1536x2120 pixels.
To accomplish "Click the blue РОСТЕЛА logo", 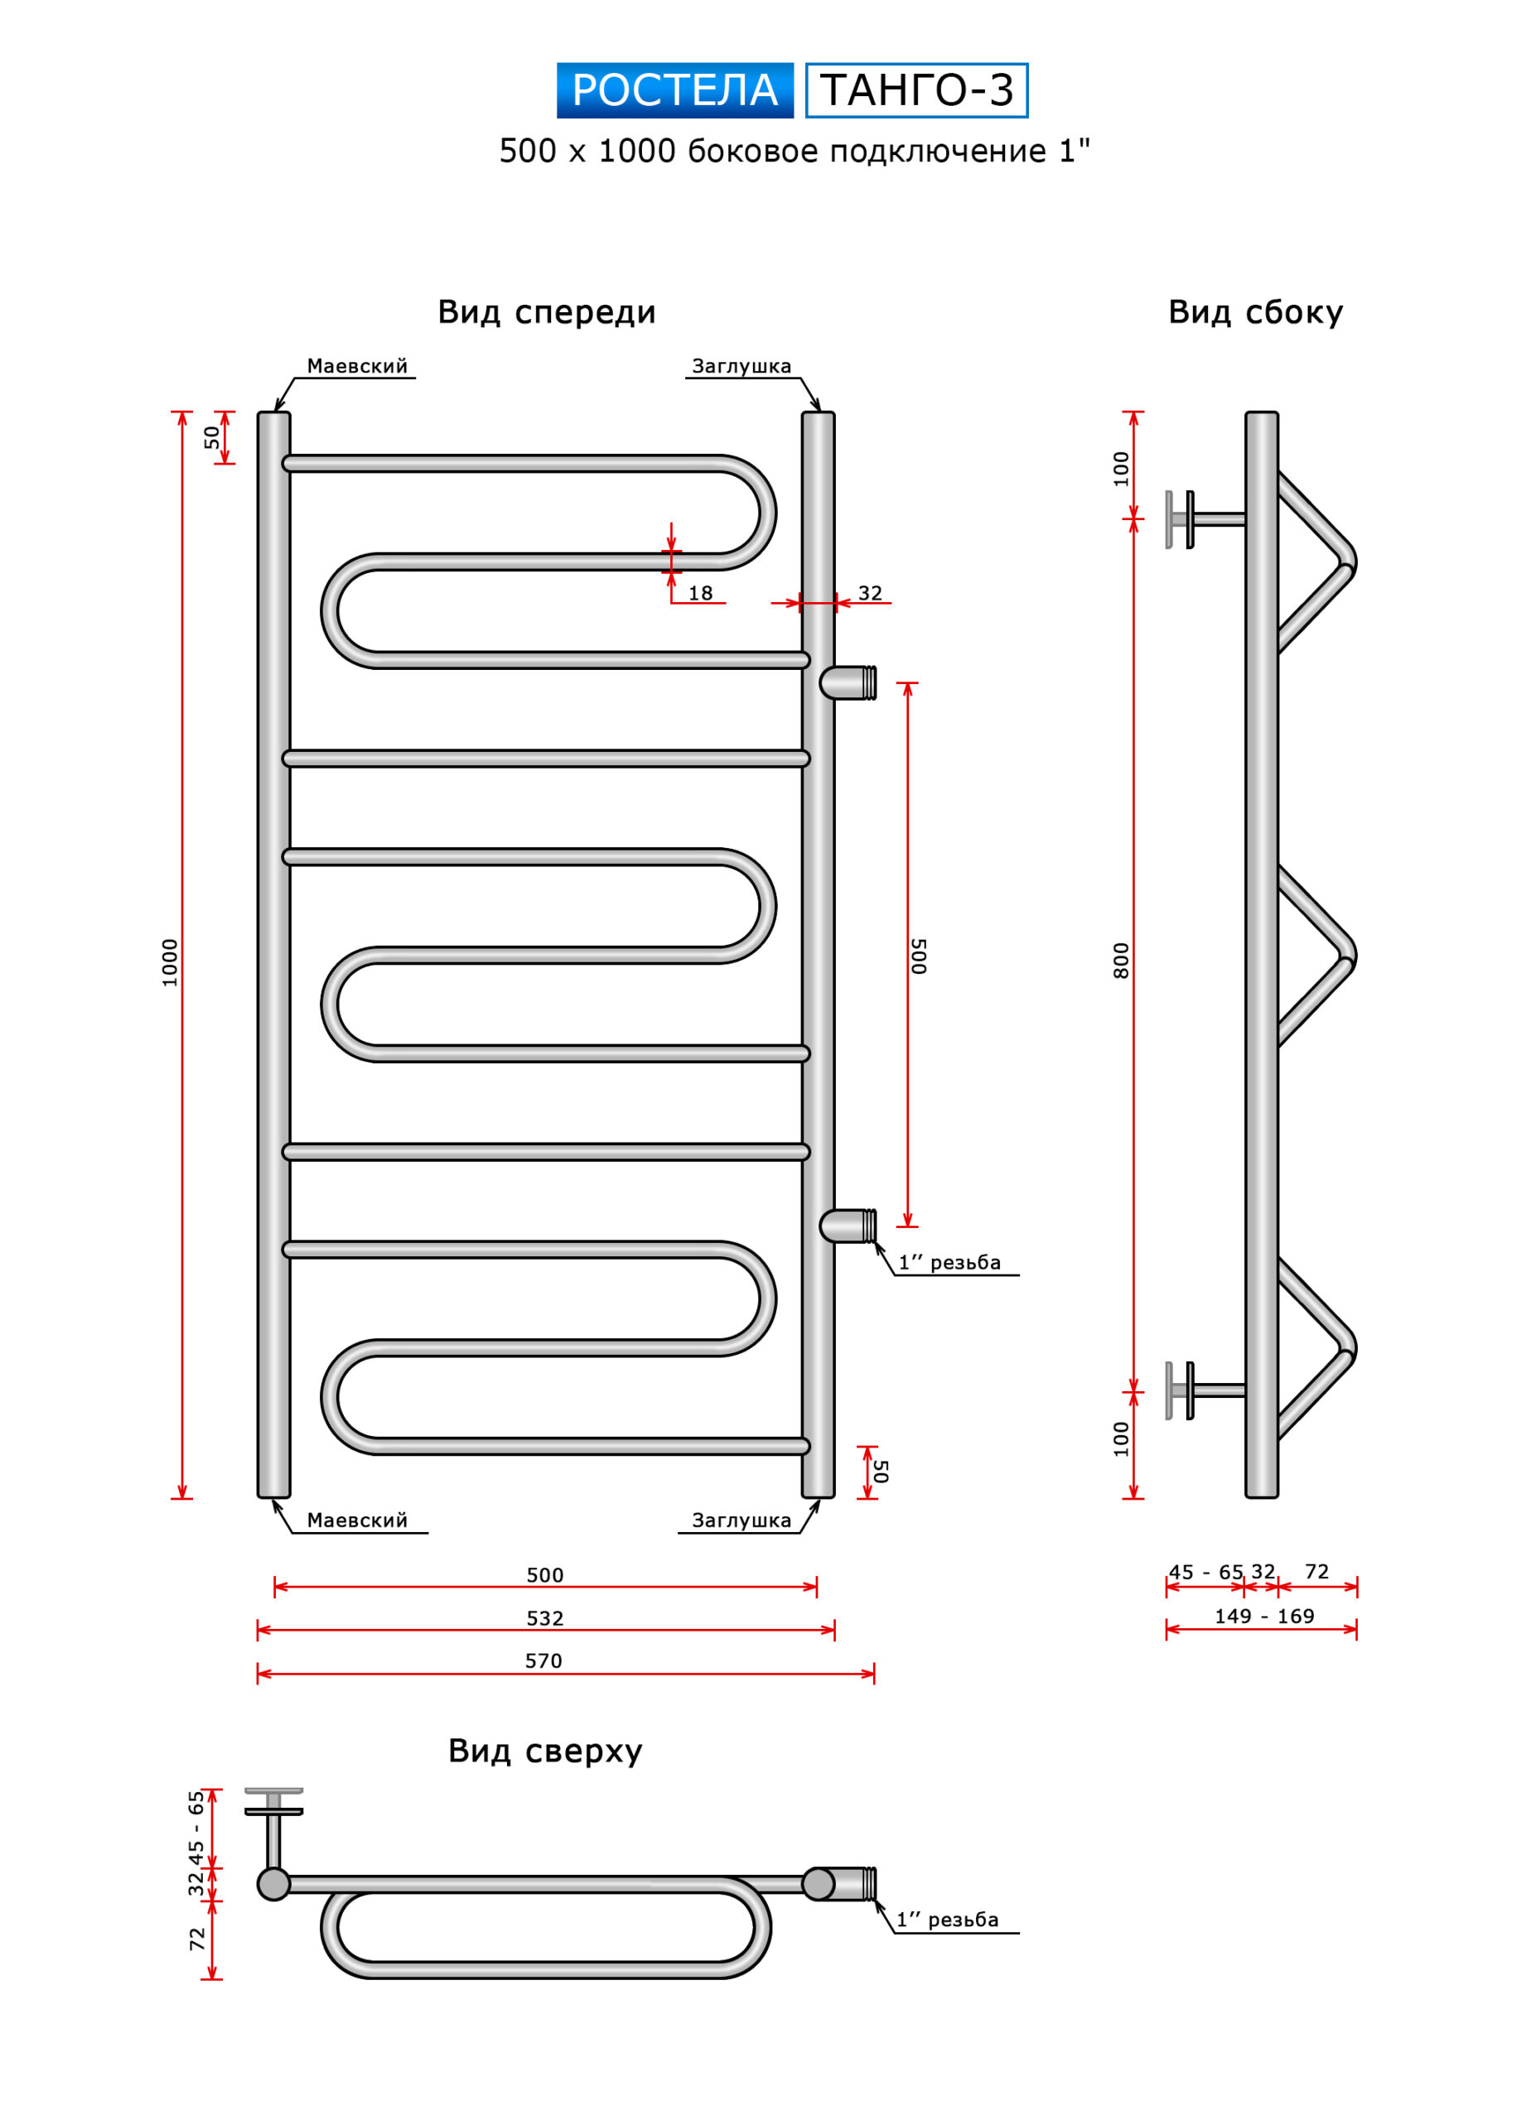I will tap(674, 90).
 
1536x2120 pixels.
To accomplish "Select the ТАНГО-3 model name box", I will tap(916, 90).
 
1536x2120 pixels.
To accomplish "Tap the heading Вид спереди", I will tap(547, 312).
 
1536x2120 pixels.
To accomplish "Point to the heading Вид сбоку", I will tap(1254, 312).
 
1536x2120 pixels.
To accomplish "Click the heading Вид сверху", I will tap(545, 1751).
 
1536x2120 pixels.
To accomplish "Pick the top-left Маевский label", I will tap(357, 366).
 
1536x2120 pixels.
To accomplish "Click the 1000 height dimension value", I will tap(169, 963).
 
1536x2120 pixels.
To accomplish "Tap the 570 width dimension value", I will tap(543, 1661).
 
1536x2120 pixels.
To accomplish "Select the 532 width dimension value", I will tap(544, 1618).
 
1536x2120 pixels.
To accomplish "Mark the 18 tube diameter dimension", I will tap(700, 594).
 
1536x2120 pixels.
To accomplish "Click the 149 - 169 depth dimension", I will tap(1264, 1616).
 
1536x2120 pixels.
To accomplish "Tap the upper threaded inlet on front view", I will tap(849, 683).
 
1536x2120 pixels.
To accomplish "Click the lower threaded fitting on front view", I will tap(849, 1226).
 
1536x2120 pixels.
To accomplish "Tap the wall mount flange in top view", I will tap(274, 1802).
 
